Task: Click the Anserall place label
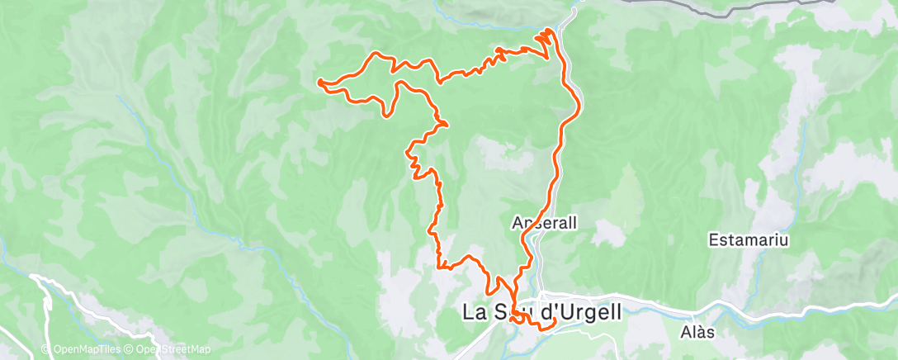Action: coord(543,223)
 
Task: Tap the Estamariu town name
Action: coord(749,241)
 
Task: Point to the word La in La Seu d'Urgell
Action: coord(473,313)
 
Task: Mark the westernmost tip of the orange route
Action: coord(318,81)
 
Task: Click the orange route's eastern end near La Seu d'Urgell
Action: coord(555,320)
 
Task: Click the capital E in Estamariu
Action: coord(713,241)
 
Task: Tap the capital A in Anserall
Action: coord(517,223)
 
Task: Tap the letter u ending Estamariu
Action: coord(786,241)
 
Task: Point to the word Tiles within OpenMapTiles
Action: coord(105,349)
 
